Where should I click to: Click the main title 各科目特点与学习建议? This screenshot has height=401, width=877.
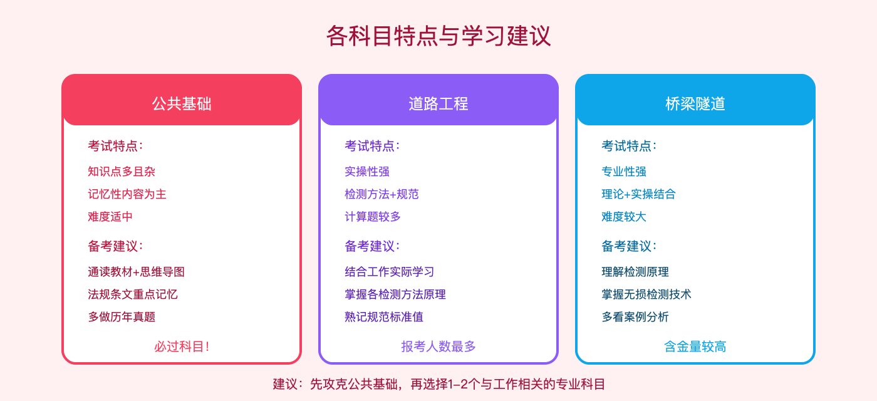[x=438, y=36]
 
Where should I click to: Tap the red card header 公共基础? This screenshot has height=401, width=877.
[x=182, y=103]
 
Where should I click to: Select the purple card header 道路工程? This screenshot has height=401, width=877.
[x=438, y=103]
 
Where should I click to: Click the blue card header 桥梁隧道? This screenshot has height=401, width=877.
[x=695, y=103]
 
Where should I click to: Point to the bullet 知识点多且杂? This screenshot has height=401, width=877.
[x=122, y=172]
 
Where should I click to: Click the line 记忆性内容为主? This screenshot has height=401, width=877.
[x=127, y=194]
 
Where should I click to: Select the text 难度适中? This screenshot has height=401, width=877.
[x=110, y=217]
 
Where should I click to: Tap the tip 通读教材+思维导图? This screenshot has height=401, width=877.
[x=136, y=272]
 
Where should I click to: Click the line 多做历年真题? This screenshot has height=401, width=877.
[x=122, y=317]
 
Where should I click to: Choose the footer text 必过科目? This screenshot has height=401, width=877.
[x=182, y=346]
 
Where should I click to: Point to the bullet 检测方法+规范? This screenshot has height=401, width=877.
[x=381, y=194]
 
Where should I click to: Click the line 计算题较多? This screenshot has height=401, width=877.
[x=373, y=217]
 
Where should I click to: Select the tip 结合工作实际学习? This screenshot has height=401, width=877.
[x=390, y=272]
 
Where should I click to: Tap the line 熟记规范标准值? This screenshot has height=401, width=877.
[x=384, y=317]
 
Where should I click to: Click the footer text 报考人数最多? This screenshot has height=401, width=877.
[x=438, y=346]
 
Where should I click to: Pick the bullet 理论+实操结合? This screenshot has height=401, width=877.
[x=638, y=194]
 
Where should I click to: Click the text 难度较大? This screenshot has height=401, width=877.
[x=624, y=217]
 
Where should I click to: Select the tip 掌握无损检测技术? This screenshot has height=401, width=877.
[x=646, y=294]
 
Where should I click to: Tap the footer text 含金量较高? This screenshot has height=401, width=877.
[x=695, y=346]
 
